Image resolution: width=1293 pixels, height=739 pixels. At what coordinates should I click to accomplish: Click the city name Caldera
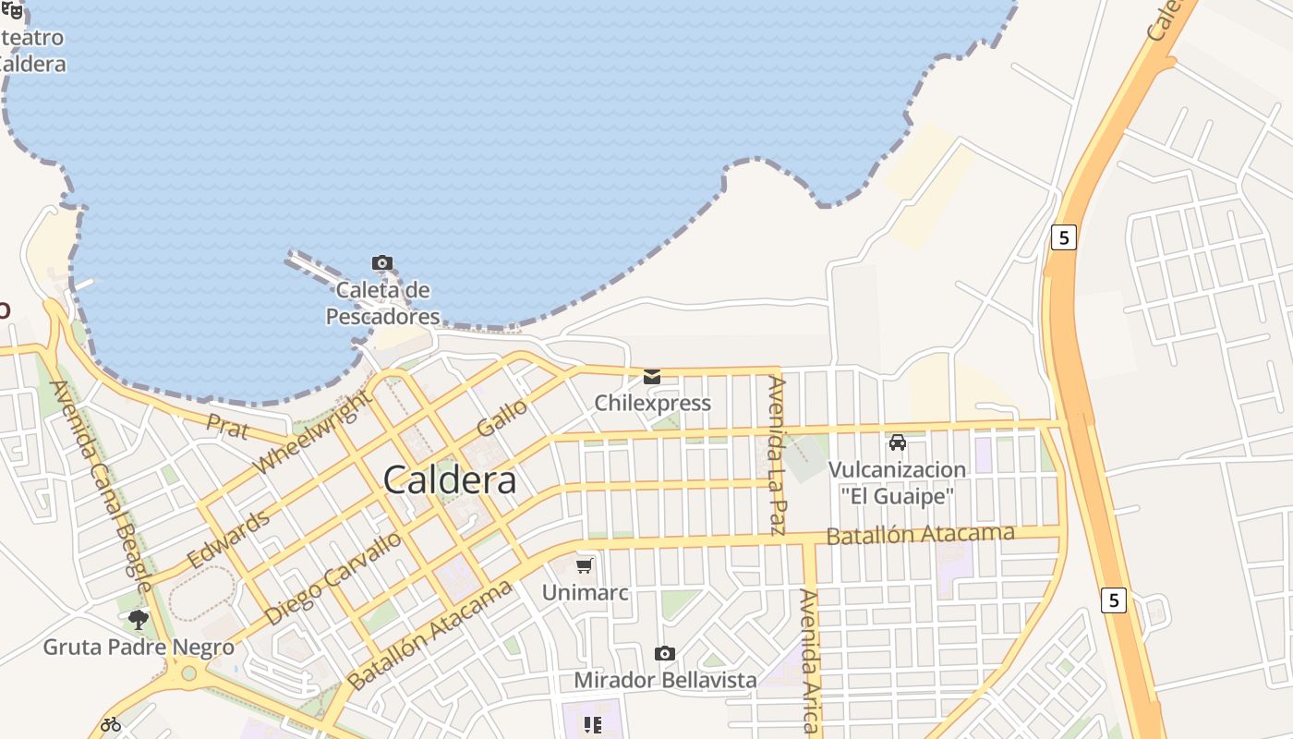449,480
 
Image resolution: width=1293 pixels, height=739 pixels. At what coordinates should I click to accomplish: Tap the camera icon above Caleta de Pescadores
381,263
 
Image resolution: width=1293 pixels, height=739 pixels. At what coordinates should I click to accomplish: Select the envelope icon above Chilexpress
652,376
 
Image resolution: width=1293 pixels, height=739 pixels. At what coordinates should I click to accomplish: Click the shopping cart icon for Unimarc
584,565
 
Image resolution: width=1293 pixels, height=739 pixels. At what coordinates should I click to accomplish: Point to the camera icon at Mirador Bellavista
664,654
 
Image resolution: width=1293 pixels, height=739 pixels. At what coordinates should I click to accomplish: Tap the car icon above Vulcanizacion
897,442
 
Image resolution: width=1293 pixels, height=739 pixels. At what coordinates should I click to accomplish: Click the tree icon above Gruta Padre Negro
139,619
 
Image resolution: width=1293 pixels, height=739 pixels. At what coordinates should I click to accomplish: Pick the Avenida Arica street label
809,660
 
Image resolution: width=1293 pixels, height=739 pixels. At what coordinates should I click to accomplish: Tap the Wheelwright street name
313,431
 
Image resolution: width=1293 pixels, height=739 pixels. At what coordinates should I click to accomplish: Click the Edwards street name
228,539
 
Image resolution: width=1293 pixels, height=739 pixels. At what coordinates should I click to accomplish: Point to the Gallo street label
501,418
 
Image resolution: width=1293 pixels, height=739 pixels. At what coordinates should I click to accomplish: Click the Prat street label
227,427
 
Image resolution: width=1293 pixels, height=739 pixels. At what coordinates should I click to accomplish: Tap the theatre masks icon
13,10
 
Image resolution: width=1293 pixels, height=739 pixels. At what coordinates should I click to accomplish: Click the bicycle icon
111,724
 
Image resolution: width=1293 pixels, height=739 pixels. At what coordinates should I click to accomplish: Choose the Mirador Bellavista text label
665,681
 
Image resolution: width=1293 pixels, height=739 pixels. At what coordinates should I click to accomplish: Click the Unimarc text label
585,592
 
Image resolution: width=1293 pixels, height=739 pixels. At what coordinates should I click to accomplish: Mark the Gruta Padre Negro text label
139,647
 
